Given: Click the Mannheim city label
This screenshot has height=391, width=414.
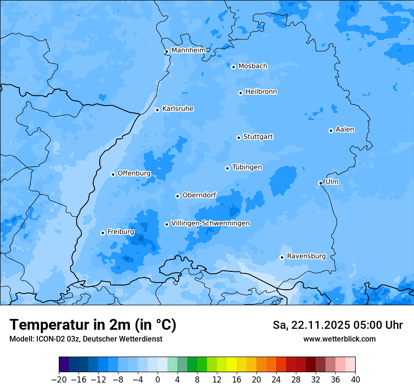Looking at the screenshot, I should pyautogui.click(x=188, y=50).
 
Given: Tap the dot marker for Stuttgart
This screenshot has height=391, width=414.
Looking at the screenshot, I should pyautogui.click(x=239, y=138).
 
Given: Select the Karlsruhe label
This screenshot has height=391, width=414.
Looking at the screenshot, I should pyautogui.click(x=178, y=109).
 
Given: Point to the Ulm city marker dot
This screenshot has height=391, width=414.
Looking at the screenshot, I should pyautogui.click(x=320, y=183).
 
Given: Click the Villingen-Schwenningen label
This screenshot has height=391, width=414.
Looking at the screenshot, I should pyautogui.click(x=210, y=223).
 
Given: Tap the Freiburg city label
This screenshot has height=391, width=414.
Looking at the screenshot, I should pyautogui.click(x=121, y=232).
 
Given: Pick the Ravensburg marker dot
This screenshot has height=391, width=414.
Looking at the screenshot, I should pyautogui.click(x=282, y=257).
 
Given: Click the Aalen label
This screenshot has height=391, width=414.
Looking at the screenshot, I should pyautogui.click(x=345, y=130).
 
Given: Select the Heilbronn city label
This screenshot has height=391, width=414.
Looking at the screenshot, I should pyautogui.click(x=261, y=92).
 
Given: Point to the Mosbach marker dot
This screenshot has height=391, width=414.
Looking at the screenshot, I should pyautogui.click(x=233, y=67).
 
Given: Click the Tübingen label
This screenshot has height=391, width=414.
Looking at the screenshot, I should pyautogui.click(x=247, y=167).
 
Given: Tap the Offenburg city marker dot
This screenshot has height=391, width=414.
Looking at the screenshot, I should pyautogui.click(x=113, y=174).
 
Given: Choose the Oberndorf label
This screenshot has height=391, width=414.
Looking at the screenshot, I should pyautogui.click(x=199, y=195).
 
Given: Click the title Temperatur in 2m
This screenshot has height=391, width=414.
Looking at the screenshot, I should pyautogui.click(x=93, y=325).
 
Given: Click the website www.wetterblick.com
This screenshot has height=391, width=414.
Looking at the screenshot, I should pyautogui.click(x=340, y=339).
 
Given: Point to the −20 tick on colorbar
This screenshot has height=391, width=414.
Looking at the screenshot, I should pyautogui.click(x=59, y=380).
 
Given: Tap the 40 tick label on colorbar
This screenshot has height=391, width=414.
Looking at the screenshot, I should pyautogui.click(x=355, y=380).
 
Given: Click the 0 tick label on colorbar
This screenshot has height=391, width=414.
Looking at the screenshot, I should pyautogui.click(x=158, y=380).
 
